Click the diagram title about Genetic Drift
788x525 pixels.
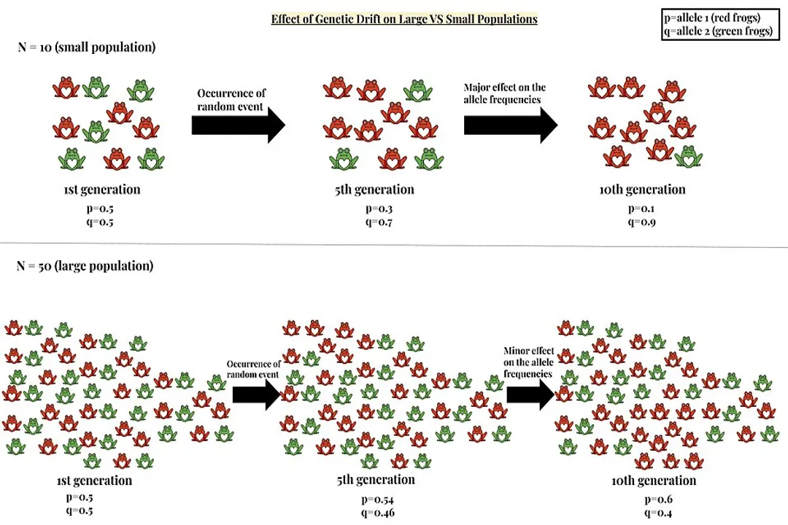[x=404, y=19]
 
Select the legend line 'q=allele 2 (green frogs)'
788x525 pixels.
[x=717, y=31]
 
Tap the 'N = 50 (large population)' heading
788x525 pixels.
[x=85, y=266]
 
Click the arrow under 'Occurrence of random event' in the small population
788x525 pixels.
[x=238, y=125]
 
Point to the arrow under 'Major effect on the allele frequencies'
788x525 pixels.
[x=510, y=125]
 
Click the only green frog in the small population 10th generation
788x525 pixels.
[x=688, y=155]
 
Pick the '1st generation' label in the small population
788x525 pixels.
[x=101, y=190]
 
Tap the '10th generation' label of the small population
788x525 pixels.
[x=642, y=190]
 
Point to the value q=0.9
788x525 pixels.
[x=642, y=222]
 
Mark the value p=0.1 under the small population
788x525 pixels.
[x=642, y=209]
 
